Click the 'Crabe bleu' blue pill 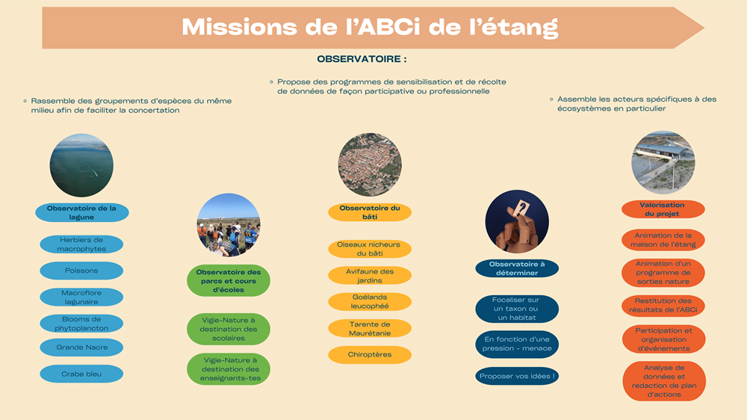(x=81, y=374)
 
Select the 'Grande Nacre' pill (x=81, y=347)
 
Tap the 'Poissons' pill (x=81, y=271)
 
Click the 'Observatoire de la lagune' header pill (x=82, y=213)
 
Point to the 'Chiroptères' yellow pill (x=370, y=355)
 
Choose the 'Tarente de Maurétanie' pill (x=370, y=329)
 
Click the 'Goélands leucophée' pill (x=370, y=302)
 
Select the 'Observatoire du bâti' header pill (x=370, y=212)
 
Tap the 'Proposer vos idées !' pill (x=517, y=376)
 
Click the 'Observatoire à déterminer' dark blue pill (x=517, y=268)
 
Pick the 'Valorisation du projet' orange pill (x=663, y=209)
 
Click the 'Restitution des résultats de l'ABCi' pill (x=663, y=305)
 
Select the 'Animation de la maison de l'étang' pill (x=663, y=240)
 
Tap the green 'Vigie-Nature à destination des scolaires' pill (x=229, y=329)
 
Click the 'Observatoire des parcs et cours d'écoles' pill (x=229, y=281)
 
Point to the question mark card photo (x=517, y=222)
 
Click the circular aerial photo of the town (x=370, y=164)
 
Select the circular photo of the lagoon (x=81, y=165)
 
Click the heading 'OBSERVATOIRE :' (x=362, y=59)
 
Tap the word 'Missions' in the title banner (x=239, y=27)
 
